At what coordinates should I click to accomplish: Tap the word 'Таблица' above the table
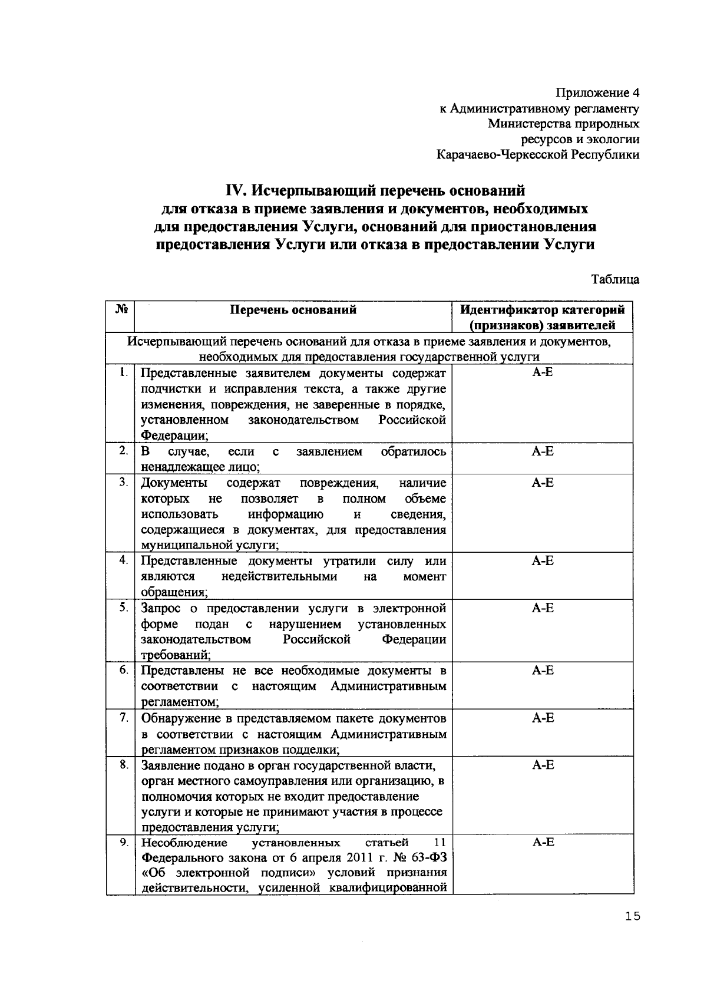[615, 279]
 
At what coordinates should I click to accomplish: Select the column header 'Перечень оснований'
[293, 309]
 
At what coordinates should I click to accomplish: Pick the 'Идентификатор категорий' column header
[542, 309]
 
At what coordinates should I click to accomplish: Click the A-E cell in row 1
[542, 372]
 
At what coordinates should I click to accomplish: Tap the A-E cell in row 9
[542, 842]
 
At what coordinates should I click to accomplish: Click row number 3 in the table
[123, 483]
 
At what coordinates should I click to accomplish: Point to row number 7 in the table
[123, 717]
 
